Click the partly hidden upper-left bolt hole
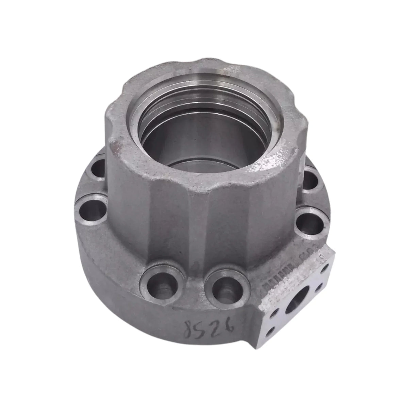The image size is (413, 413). pyautogui.click(x=98, y=167)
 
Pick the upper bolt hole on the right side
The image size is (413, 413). pyautogui.click(x=310, y=179)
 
